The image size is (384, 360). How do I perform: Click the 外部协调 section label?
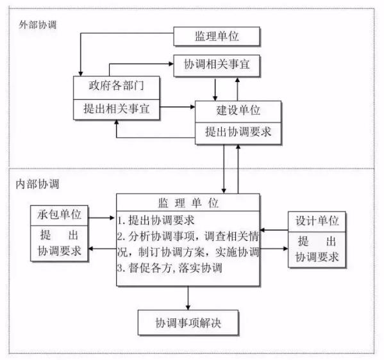[38, 25]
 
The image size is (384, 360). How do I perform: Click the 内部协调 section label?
[37, 184]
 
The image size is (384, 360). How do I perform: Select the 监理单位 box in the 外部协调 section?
[217, 37]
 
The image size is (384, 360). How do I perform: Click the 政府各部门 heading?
[116, 86]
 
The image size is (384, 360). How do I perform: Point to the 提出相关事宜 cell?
[116, 109]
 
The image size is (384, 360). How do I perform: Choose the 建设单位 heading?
[238, 110]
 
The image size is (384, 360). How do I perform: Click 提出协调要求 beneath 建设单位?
[238, 132]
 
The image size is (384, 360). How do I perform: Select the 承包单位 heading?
[59, 215]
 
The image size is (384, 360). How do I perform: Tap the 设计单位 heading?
[317, 221]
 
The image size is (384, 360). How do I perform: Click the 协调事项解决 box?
[188, 323]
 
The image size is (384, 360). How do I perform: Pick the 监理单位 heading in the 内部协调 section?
[188, 203]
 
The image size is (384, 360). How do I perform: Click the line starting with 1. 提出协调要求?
[156, 220]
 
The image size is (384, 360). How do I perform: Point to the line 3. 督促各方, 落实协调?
[170, 268]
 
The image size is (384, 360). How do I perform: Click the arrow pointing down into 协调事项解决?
[188, 298]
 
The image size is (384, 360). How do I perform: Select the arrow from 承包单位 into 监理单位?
[101, 218]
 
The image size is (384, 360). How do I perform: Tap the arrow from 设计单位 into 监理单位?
[274, 230]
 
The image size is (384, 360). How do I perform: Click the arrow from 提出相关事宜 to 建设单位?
[178, 107]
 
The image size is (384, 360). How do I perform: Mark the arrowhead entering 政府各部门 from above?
[81, 74]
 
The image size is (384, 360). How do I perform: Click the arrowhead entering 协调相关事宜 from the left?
[171, 64]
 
